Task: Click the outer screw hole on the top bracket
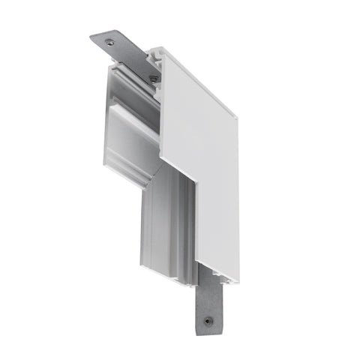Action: tap(111, 42)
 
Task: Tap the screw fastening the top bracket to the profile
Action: tap(154, 77)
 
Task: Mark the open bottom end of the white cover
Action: tap(217, 276)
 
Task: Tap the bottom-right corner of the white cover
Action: tap(238, 279)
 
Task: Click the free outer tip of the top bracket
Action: tap(94, 35)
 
